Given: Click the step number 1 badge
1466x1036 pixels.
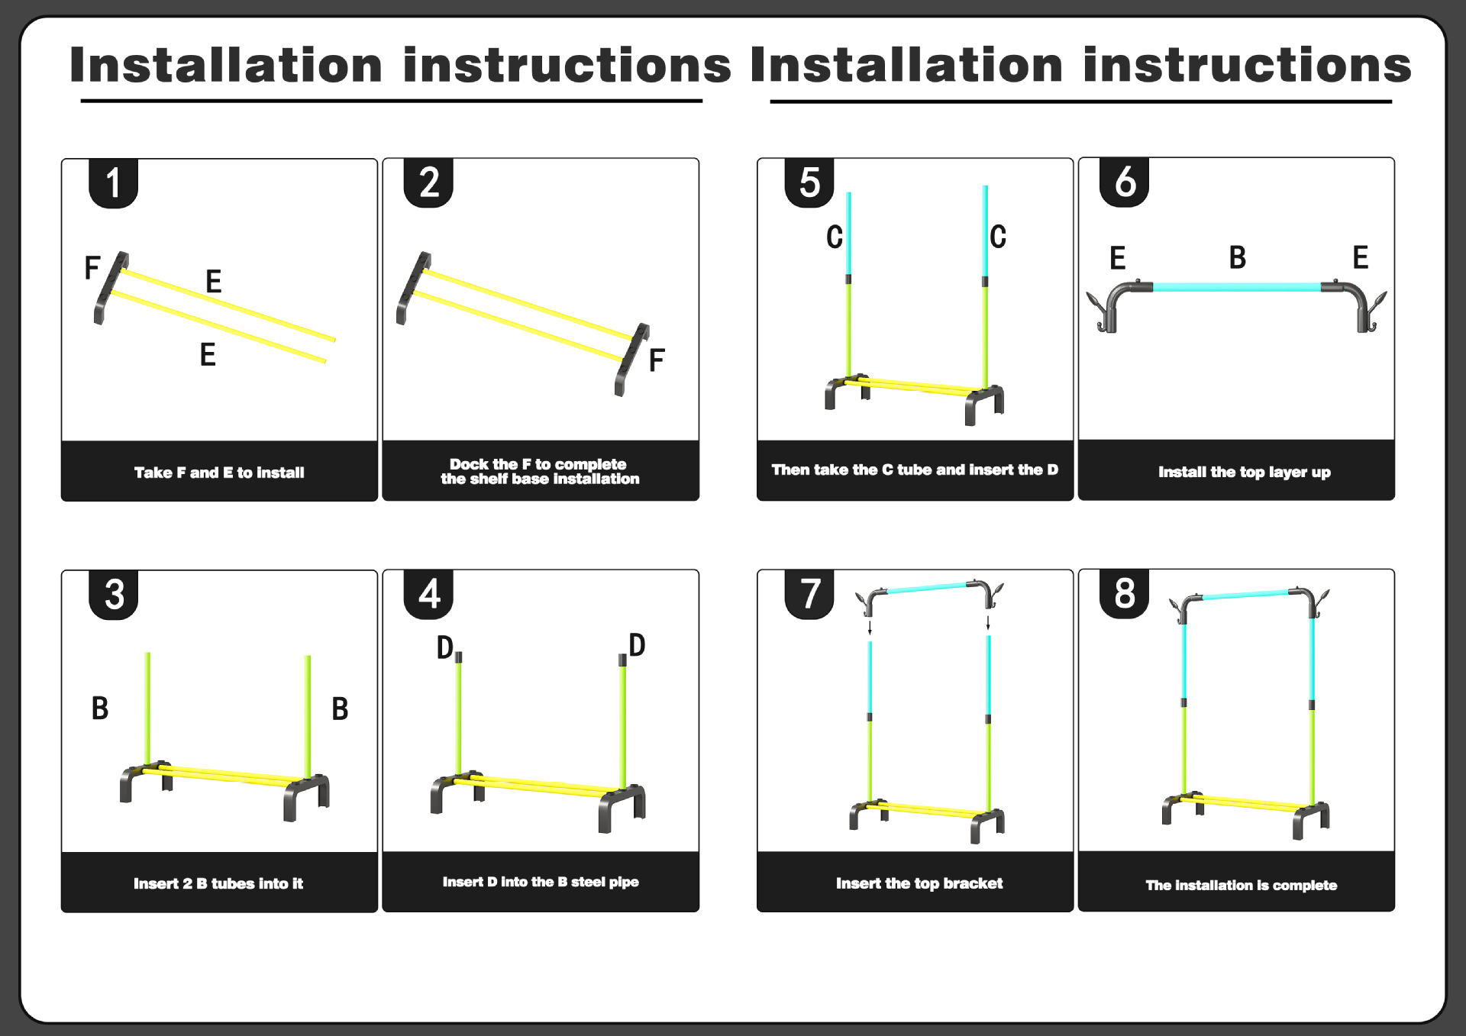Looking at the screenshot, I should (x=113, y=183).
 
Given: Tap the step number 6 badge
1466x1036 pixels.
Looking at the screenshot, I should (x=1124, y=182).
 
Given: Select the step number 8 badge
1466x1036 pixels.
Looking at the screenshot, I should (x=1124, y=593).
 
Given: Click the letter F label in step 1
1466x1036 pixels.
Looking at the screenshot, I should (x=92, y=268).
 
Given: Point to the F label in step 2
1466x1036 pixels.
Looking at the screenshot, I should (x=656, y=360).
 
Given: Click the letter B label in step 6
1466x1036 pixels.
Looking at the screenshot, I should (x=1237, y=258).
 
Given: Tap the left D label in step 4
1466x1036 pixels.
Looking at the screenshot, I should (x=444, y=647).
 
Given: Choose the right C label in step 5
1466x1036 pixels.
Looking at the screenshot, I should (x=997, y=237).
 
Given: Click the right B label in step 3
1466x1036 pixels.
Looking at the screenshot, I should (x=340, y=708).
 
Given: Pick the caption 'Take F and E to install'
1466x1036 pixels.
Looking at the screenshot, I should (x=219, y=473).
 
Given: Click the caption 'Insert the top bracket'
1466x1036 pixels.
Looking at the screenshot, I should (x=919, y=883).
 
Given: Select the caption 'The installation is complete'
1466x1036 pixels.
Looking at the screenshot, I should (x=1241, y=885).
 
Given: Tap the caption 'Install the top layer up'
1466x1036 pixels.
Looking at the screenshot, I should (x=1244, y=472).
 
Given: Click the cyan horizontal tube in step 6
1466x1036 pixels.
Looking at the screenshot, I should (x=1236, y=287).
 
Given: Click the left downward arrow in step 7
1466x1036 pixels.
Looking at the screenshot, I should (x=870, y=628).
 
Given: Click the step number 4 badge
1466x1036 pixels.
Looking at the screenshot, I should (x=428, y=594).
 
